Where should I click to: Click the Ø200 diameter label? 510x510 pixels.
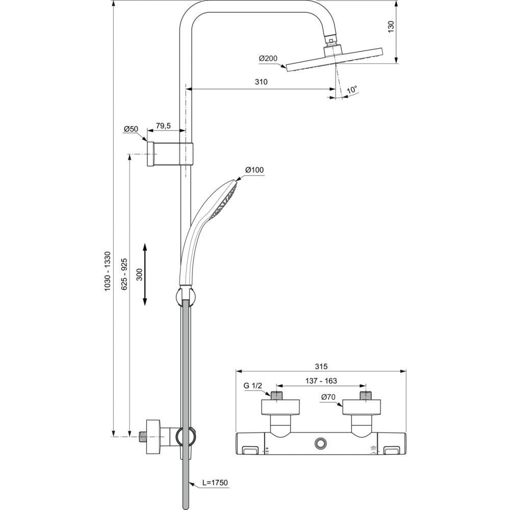268,59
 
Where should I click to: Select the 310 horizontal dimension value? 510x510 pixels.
261,82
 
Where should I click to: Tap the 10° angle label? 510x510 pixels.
352,90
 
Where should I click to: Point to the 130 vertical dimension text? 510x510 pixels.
391,26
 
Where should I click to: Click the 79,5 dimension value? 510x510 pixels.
163,125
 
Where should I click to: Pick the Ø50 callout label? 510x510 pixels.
131,129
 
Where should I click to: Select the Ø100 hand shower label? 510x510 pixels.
254,170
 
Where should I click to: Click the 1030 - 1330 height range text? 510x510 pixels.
108,271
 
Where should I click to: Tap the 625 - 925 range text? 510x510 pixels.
123,274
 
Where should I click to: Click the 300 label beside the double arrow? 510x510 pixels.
140,275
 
